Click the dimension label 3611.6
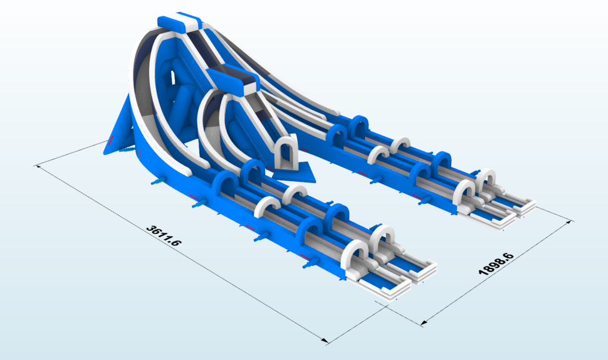(x=164, y=235)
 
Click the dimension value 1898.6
(x=496, y=264)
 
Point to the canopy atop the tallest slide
(x=179, y=23)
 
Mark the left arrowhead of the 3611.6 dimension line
(x=38, y=166)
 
